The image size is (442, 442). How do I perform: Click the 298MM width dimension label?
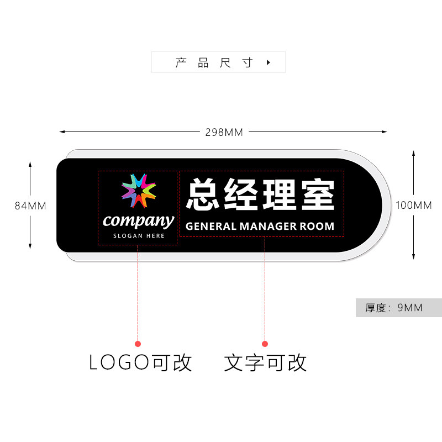click(224, 132)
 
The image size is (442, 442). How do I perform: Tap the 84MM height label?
click(30, 206)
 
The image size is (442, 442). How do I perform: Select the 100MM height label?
click(414, 206)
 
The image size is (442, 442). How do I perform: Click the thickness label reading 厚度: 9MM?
click(393, 308)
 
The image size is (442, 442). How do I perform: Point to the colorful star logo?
click(138, 191)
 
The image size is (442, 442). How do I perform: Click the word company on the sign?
click(138, 221)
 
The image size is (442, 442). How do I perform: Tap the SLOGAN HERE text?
click(139, 236)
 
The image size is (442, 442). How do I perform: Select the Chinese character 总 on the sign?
click(204, 195)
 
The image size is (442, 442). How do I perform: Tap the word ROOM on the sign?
click(317, 226)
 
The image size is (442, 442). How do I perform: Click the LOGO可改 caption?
click(140, 362)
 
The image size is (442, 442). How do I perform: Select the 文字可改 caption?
click(265, 362)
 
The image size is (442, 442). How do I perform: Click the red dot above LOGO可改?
click(138, 344)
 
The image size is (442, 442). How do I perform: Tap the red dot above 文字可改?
click(265, 344)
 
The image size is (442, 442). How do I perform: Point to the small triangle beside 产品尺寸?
click(269, 62)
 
